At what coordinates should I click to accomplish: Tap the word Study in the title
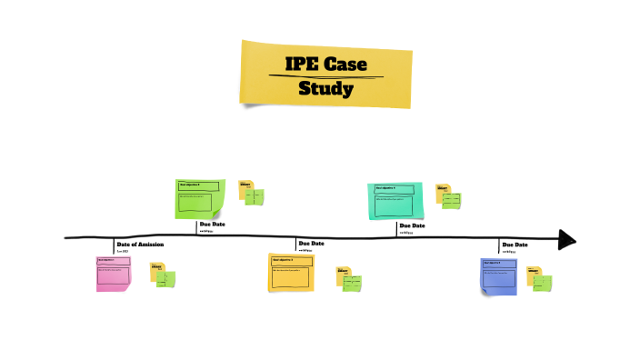(325, 89)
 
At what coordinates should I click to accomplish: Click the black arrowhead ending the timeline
(567, 239)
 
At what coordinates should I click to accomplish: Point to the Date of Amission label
(140, 245)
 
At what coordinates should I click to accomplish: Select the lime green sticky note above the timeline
(199, 199)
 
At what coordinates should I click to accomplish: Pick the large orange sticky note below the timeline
(291, 273)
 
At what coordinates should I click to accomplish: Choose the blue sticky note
(498, 275)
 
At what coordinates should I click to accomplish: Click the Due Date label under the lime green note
(212, 224)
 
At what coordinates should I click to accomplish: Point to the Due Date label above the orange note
(311, 244)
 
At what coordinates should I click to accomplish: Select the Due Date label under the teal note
(412, 225)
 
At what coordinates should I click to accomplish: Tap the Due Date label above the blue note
(515, 245)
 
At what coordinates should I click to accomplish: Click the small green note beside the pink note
(166, 279)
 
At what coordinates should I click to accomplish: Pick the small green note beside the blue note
(543, 282)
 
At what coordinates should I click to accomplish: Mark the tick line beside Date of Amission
(114, 245)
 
